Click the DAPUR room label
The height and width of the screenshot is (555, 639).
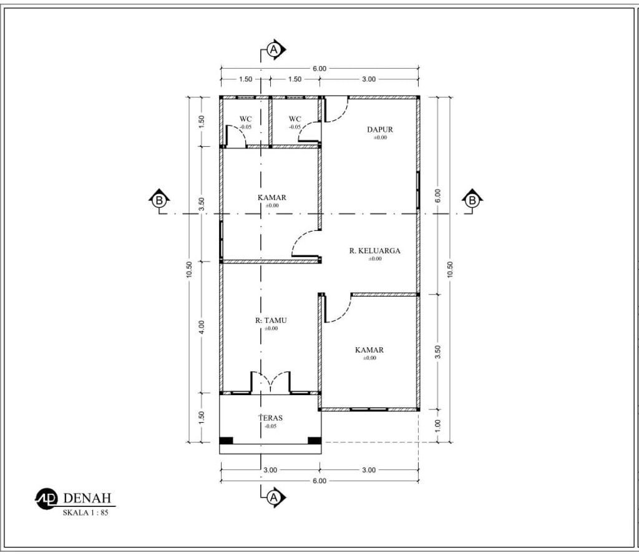pyautogui.click(x=380, y=130)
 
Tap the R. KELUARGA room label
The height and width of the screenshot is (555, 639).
pyautogui.click(x=374, y=251)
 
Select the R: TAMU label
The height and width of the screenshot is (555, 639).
pyautogui.click(x=271, y=320)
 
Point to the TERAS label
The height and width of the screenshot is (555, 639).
pyautogui.click(x=271, y=418)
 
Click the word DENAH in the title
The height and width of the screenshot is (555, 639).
pyautogui.click(x=87, y=498)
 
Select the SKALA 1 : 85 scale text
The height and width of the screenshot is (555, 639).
pyautogui.click(x=85, y=513)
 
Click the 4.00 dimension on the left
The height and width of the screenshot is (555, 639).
pyautogui.click(x=202, y=327)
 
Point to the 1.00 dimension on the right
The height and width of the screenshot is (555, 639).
pyautogui.click(x=438, y=425)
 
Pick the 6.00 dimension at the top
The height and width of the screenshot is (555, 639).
pyautogui.click(x=319, y=69)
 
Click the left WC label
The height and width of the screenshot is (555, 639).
pyautogui.click(x=245, y=119)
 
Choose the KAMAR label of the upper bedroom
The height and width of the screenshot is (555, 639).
pyautogui.click(x=272, y=197)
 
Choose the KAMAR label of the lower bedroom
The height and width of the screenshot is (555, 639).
pyautogui.click(x=369, y=350)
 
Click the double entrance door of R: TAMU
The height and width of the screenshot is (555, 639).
pyautogui.click(x=270, y=382)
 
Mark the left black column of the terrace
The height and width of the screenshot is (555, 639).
pyautogui.click(x=226, y=440)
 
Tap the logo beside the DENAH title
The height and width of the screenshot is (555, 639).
pyautogui.click(x=47, y=499)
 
